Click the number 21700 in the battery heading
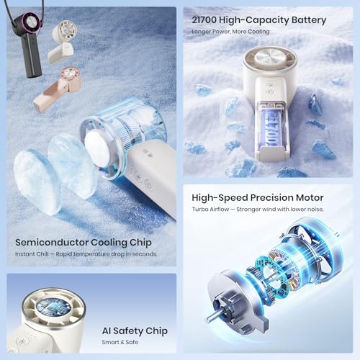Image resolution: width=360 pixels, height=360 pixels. tap(204, 19)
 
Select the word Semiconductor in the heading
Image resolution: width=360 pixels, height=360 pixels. tap(52, 243)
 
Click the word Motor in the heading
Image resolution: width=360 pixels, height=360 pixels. tap(310, 198)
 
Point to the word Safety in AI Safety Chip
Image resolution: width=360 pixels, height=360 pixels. tap(128, 331)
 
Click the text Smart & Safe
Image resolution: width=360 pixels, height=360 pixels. tap(120, 342)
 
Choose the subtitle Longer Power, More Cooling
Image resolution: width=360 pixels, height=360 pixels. tap(230, 32)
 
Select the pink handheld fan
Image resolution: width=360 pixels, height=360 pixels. tap(58, 89)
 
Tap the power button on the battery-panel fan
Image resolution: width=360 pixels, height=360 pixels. tap(271, 91)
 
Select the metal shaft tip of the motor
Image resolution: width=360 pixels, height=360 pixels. tap(208, 320)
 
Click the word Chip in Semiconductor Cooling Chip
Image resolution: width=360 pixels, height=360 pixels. tap(140, 243)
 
